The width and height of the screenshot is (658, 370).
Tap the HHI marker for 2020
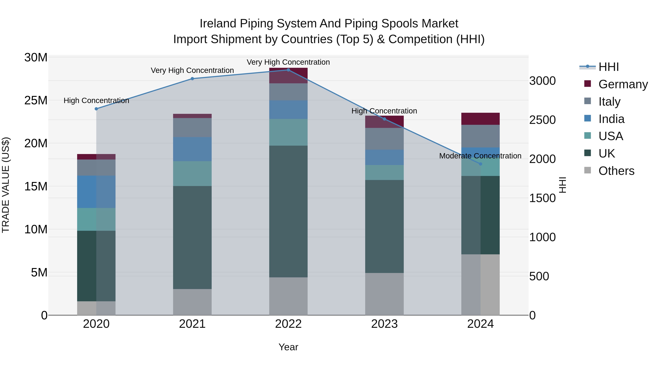[96, 109]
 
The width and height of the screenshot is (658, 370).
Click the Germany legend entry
[623, 84]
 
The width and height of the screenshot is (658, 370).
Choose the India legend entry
[611, 119]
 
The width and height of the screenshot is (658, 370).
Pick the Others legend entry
[616, 171]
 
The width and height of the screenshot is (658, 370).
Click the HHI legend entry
[608, 67]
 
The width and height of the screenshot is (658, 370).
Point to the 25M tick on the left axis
[36, 100]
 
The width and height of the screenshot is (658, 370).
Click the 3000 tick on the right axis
[542, 81]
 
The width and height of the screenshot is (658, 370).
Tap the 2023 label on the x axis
[384, 324]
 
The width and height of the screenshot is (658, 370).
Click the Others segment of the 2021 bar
[192, 302]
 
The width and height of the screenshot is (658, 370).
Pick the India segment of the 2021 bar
[192, 149]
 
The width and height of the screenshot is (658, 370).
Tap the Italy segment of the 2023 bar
[384, 139]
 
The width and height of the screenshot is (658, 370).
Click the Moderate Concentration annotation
[480, 156]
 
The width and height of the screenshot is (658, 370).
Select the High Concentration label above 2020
[96, 101]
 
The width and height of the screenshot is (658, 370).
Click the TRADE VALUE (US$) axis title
[6, 185]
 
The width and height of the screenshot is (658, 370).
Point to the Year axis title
[288, 347]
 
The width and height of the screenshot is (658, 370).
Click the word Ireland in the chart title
[218, 24]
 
